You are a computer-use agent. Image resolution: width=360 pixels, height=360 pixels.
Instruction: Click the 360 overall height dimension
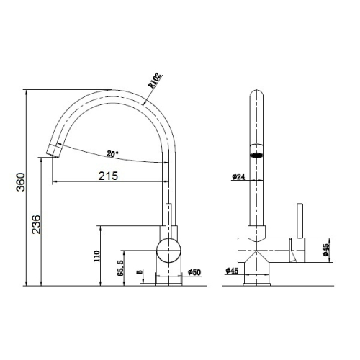pos(21,181)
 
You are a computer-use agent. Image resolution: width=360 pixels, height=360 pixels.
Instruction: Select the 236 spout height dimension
pos(37,225)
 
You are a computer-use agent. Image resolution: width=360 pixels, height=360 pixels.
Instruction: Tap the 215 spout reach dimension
pos(109,176)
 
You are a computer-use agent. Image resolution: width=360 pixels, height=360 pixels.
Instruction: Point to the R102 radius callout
pos(155,81)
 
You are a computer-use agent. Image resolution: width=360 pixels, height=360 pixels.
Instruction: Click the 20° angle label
pos(112,154)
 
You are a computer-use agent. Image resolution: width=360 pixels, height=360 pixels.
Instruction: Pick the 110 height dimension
pos(96,256)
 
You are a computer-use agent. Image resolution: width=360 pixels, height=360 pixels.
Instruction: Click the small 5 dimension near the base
pos(140,272)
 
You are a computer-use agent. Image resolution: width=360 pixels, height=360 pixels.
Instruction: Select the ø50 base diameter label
pos(194,272)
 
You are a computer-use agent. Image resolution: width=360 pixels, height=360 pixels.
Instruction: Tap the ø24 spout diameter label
pos(238,177)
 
